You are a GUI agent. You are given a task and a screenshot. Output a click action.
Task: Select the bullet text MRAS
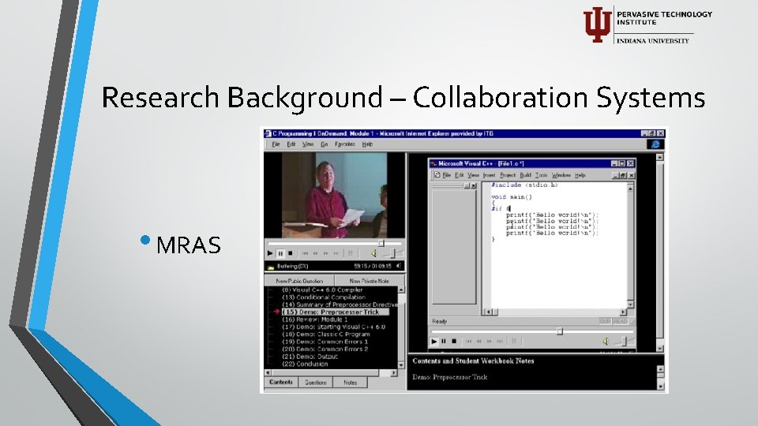pyautogui.click(x=189, y=245)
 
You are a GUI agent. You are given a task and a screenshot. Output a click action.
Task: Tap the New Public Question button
pyautogui.click(x=299, y=281)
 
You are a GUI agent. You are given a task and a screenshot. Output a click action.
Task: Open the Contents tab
pyautogui.click(x=281, y=383)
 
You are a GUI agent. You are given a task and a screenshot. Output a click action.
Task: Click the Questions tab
pyautogui.click(x=316, y=383)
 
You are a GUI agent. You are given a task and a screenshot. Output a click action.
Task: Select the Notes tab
pyautogui.click(x=350, y=383)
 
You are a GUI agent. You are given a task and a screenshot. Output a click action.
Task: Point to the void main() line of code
pyautogui.click(x=512, y=196)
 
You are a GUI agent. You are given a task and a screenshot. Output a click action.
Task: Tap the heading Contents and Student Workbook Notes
pyautogui.click(x=473, y=361)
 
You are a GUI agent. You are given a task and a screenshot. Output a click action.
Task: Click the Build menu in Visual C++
pyautogui.click(x=526, y=175)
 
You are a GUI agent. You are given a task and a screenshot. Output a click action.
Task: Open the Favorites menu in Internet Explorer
pyautogui.click(x=344, y=144)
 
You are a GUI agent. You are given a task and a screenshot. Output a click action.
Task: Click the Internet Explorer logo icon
pyautogui.click(x=655, y=144)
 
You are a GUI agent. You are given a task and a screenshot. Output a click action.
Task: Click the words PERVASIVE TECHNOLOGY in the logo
pyautogui.click(x=664, y=14)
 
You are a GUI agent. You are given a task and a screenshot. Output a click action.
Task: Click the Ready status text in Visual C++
pyautogui.click(x=439, y=321)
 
